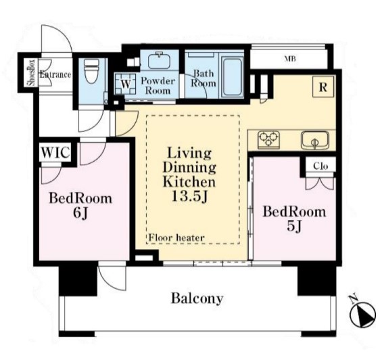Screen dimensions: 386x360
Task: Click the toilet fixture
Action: point(91,72)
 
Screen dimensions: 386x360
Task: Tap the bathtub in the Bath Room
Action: point(232,77)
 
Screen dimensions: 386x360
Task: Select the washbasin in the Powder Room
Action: point(160,60)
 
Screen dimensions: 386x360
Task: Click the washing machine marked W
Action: point(126,84)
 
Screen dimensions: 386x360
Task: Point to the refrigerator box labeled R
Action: point(323,87)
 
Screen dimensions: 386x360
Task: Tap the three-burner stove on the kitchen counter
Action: point(268,140)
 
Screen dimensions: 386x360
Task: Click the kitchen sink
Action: point(315,140)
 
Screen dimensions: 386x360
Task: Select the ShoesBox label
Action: point(32,72)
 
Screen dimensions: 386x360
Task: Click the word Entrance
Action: point(55,74)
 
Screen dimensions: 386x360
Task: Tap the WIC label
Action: point(55,153)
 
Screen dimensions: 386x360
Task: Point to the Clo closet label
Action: point(320,166)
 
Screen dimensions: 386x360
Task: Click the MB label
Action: point(290,59)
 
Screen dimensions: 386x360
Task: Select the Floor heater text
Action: point(176,238)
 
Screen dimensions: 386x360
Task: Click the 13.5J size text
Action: point(190,197)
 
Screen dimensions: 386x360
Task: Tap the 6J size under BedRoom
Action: point(80,213)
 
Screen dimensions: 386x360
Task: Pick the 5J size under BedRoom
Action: point(294,226)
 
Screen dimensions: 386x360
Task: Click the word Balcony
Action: point(197,298)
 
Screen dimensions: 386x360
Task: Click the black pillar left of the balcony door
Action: point(78,281)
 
